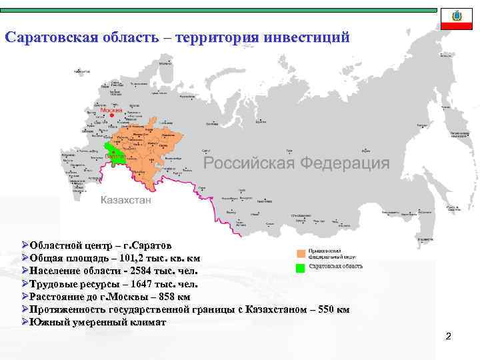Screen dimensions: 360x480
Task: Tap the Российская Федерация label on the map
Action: pyautogui.click(x=296, y=163)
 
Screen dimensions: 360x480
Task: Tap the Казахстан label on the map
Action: pyautogui.click(x=126, y=200)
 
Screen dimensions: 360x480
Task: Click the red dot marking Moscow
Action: pyautogui.click(x=112, y=115)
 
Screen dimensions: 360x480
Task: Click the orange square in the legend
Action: pyautogui.click(x=301, y=253)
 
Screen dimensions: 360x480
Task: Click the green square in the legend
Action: pyautogui.click(x=301, y=267)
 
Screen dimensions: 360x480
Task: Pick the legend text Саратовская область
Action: pyautogui.click(x=335, y=267)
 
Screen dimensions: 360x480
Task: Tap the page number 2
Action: pyautogui.click(x=449, y=337)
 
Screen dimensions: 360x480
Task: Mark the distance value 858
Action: pyautogui.click(x=157, y=297)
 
